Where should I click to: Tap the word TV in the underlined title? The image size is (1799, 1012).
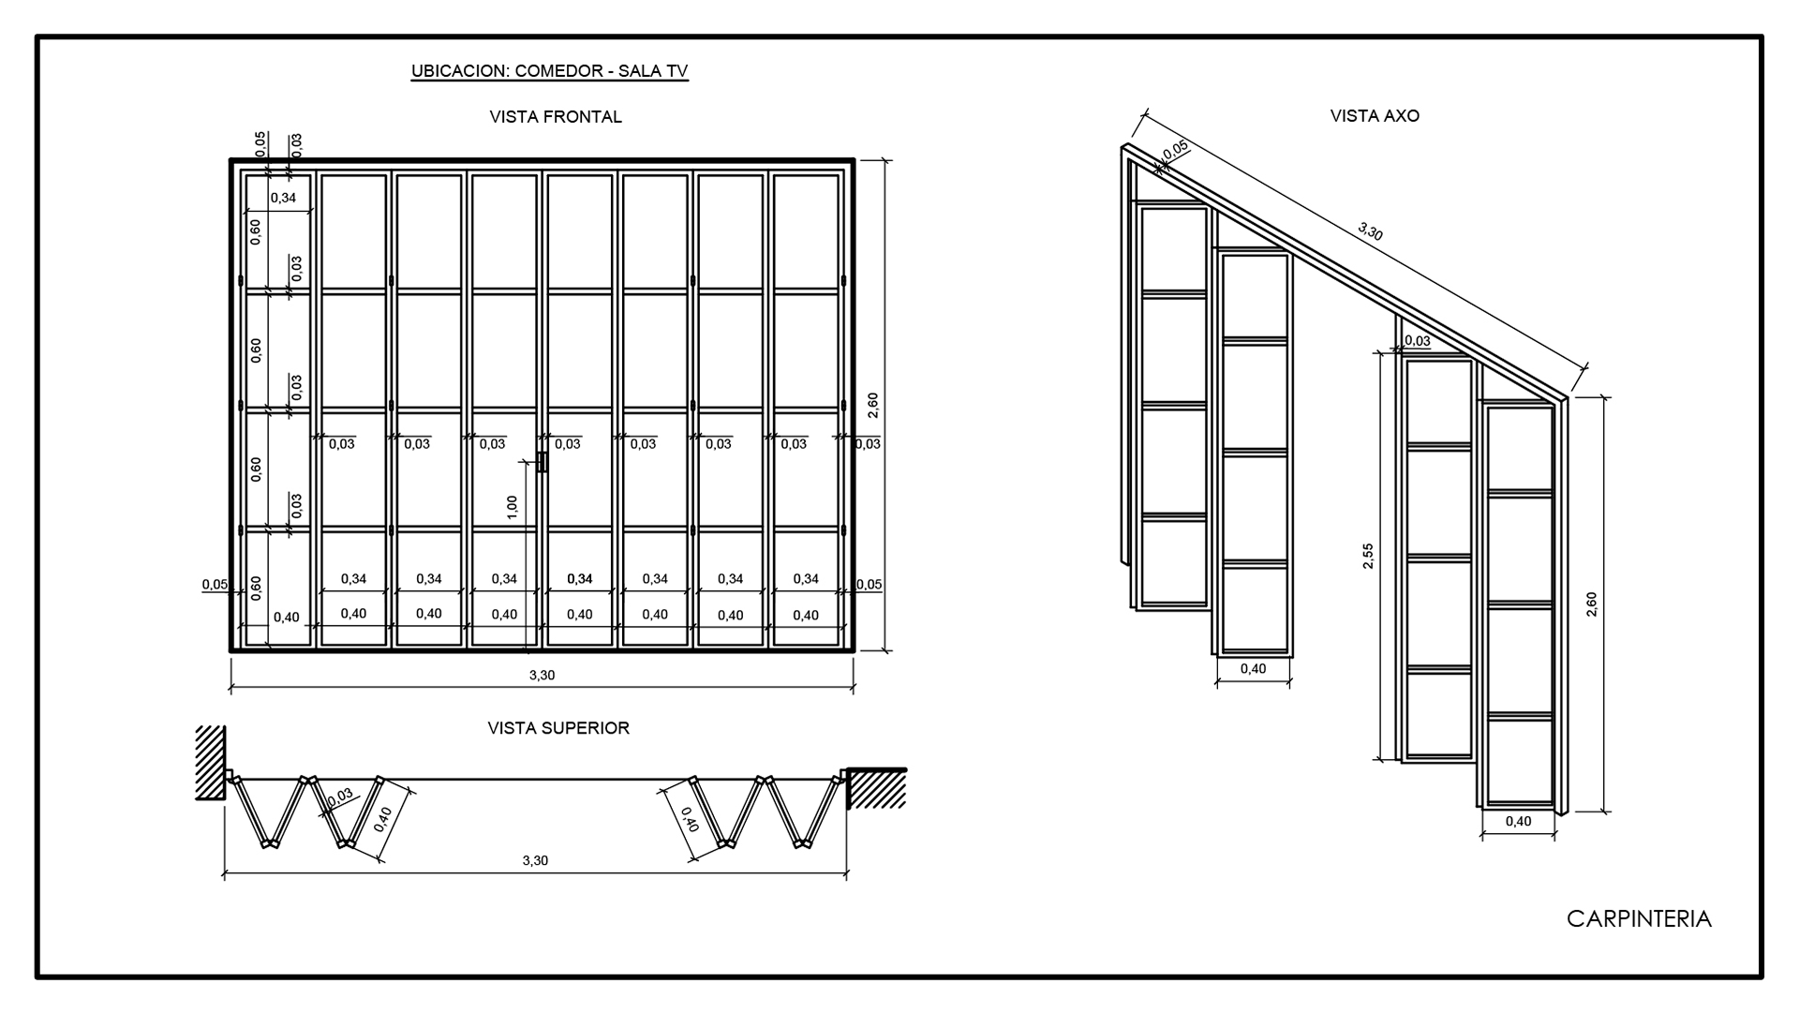(677, 71)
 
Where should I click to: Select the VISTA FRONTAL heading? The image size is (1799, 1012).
(556, 117)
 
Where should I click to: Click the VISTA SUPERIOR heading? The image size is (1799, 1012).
(558, 728)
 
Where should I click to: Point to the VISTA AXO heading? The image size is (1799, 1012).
(1375, 116)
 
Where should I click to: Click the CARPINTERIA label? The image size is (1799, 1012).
(1639, 919)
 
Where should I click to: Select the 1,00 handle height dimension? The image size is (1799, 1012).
(512, 507)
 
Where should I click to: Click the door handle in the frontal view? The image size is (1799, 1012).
(543, 462)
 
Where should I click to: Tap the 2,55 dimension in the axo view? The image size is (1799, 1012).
(1368, 556)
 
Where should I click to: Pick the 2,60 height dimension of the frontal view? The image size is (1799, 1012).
(873, 405)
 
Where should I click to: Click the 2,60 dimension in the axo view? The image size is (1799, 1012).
(1591, 604)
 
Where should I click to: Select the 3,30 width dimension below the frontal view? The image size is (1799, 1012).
(542, 675)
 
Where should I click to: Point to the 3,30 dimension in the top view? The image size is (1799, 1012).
(535, 860)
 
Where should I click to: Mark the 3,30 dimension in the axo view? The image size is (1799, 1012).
(1370, 231)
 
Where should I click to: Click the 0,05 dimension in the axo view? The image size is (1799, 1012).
(1176, 149)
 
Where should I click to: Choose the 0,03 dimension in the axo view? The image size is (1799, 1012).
(1418, 341)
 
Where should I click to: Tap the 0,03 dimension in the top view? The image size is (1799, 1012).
(340, 797)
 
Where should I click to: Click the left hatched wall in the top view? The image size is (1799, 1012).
(210, 763)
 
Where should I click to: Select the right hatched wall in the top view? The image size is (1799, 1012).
(876, 788)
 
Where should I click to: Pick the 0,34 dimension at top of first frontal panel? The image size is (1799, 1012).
(283, 198)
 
